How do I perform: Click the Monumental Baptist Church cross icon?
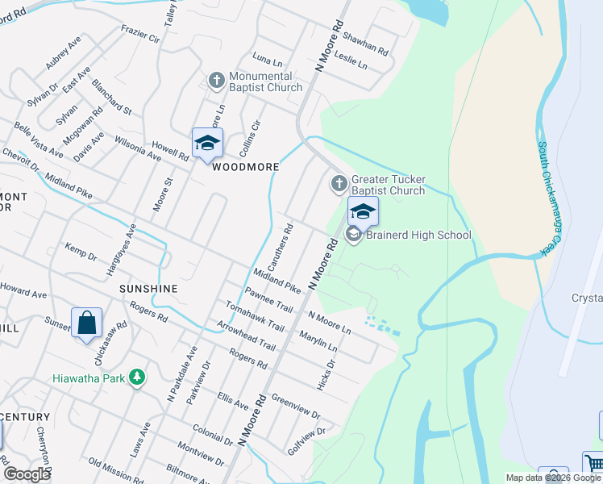(216, 81)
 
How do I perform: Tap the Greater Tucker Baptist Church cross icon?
(339, 185)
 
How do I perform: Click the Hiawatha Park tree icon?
(138, 377)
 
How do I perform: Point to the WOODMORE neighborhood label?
(245, 167)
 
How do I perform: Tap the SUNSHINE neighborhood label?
(148, 288)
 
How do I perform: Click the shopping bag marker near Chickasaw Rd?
(86, 323)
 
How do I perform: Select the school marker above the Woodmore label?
(207, 144)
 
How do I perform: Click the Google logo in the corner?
(27, 474)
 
